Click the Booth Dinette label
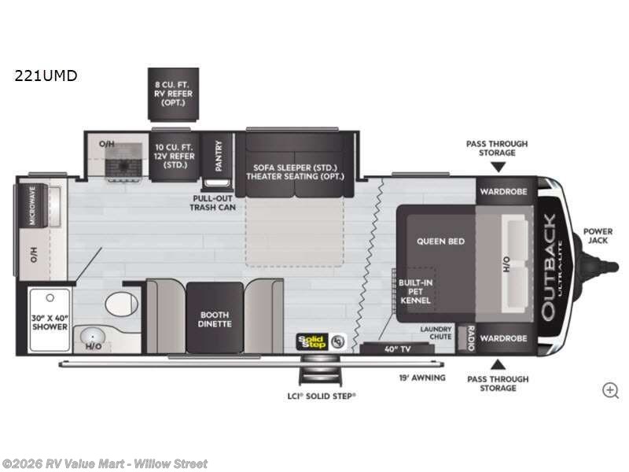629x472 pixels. [214, 318]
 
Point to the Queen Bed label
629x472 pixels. [440, 242]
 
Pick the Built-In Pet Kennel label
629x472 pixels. [415, 291]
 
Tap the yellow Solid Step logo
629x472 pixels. [311, 341]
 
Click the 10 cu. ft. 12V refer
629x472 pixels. [175, 157]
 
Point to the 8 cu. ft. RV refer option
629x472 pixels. [172, 93]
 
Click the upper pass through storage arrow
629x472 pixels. [497, 167]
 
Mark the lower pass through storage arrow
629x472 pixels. [497, 363]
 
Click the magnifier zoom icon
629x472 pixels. [610, 389]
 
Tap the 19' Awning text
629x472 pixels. [423, 378]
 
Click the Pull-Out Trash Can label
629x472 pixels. [213, 202]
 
